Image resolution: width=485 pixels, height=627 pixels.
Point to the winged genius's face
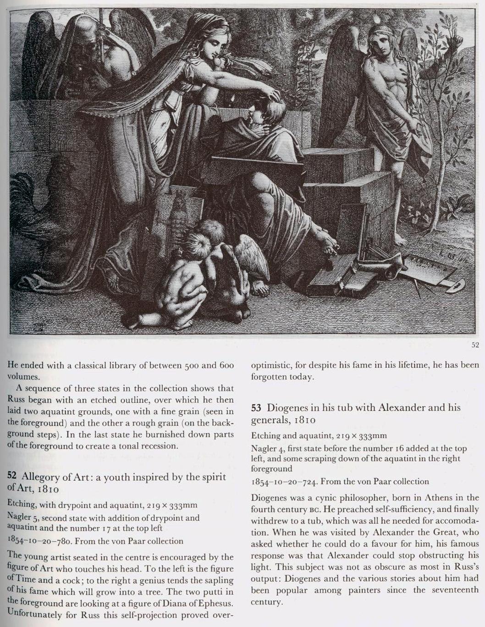[x=382, y=44]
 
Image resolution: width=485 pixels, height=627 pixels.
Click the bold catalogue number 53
[x=256, y=408]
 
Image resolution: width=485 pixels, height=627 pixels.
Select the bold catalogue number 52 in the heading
[x=12, y=476]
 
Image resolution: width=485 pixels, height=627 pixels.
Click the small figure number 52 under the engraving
[x=475, y=345]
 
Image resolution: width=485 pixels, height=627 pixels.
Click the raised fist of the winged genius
[x=455, y=41]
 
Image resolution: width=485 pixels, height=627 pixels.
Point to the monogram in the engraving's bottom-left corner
[x=38, y=326]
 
